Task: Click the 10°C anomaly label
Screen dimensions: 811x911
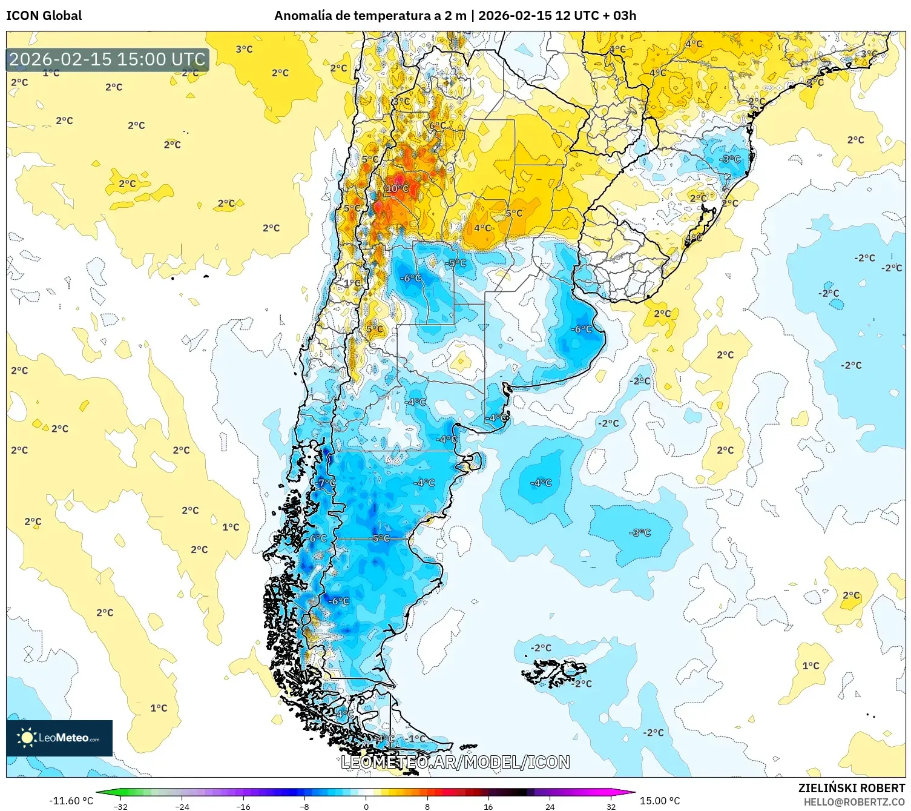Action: coord(397,188)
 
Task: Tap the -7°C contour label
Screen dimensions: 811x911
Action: coord(326,483)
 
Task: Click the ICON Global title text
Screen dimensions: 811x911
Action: coord(44,16)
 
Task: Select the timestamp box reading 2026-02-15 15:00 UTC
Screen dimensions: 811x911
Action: coord(108,59)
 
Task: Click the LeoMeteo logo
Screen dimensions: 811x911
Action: coord(59,738)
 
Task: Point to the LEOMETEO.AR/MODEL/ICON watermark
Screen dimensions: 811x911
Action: coord(455,762)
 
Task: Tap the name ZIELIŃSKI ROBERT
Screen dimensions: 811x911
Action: coord(851,788)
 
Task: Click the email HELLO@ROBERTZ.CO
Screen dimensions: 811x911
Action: coord(853,802)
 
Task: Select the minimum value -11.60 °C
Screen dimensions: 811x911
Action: coord(71,801)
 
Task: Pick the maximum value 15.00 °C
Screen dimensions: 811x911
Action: coord(660,801)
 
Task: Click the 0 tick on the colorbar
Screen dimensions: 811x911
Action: coord(366,807)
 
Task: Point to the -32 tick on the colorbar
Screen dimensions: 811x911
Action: coord(120,807)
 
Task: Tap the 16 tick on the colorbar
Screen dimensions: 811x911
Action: coord(488,807)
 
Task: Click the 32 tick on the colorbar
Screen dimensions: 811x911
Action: coord(611,807)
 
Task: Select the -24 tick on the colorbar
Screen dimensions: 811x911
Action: coord(182,807)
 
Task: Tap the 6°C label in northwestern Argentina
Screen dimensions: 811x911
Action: coord(438,126)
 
